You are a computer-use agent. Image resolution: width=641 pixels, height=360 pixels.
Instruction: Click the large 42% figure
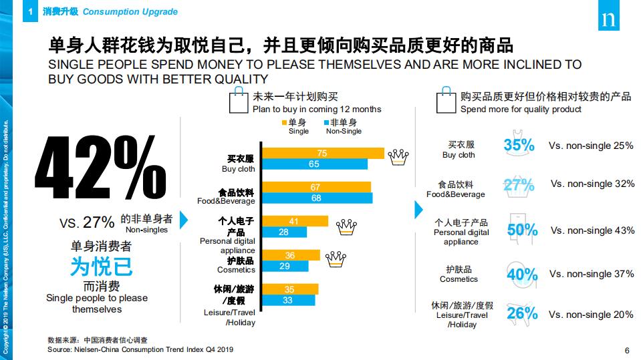(x=100, y=164)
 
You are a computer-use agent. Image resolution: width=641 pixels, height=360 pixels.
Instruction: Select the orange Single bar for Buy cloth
(x=323, y=154)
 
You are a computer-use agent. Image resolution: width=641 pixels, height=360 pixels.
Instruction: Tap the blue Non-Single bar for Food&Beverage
(x=316, y=198)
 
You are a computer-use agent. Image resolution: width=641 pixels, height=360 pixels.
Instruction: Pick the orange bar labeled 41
(x=294, y=221)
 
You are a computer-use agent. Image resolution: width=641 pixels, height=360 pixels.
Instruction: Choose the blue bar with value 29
(x=285, y=266)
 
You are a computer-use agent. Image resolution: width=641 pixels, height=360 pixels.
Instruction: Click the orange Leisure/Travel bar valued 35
(x=289, y=289)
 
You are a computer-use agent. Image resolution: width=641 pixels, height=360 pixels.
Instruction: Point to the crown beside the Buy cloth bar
(x=398, y=156)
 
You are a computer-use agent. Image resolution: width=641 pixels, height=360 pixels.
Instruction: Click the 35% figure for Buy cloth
(x=519, y=146)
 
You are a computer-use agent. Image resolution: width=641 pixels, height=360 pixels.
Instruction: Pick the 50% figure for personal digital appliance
(x=522, y=230)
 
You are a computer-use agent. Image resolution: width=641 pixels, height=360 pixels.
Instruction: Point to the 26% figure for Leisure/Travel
(x=522, y=313)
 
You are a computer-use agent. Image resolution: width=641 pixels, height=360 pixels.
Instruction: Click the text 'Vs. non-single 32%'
(x=592, y=184)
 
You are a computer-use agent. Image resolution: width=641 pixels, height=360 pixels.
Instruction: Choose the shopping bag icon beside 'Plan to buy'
(x=238, y=103)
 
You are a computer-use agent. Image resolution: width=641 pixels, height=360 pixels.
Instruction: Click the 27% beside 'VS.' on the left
(x=99, y=222)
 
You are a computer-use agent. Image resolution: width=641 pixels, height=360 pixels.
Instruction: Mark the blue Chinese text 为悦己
(x=101, y=266)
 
